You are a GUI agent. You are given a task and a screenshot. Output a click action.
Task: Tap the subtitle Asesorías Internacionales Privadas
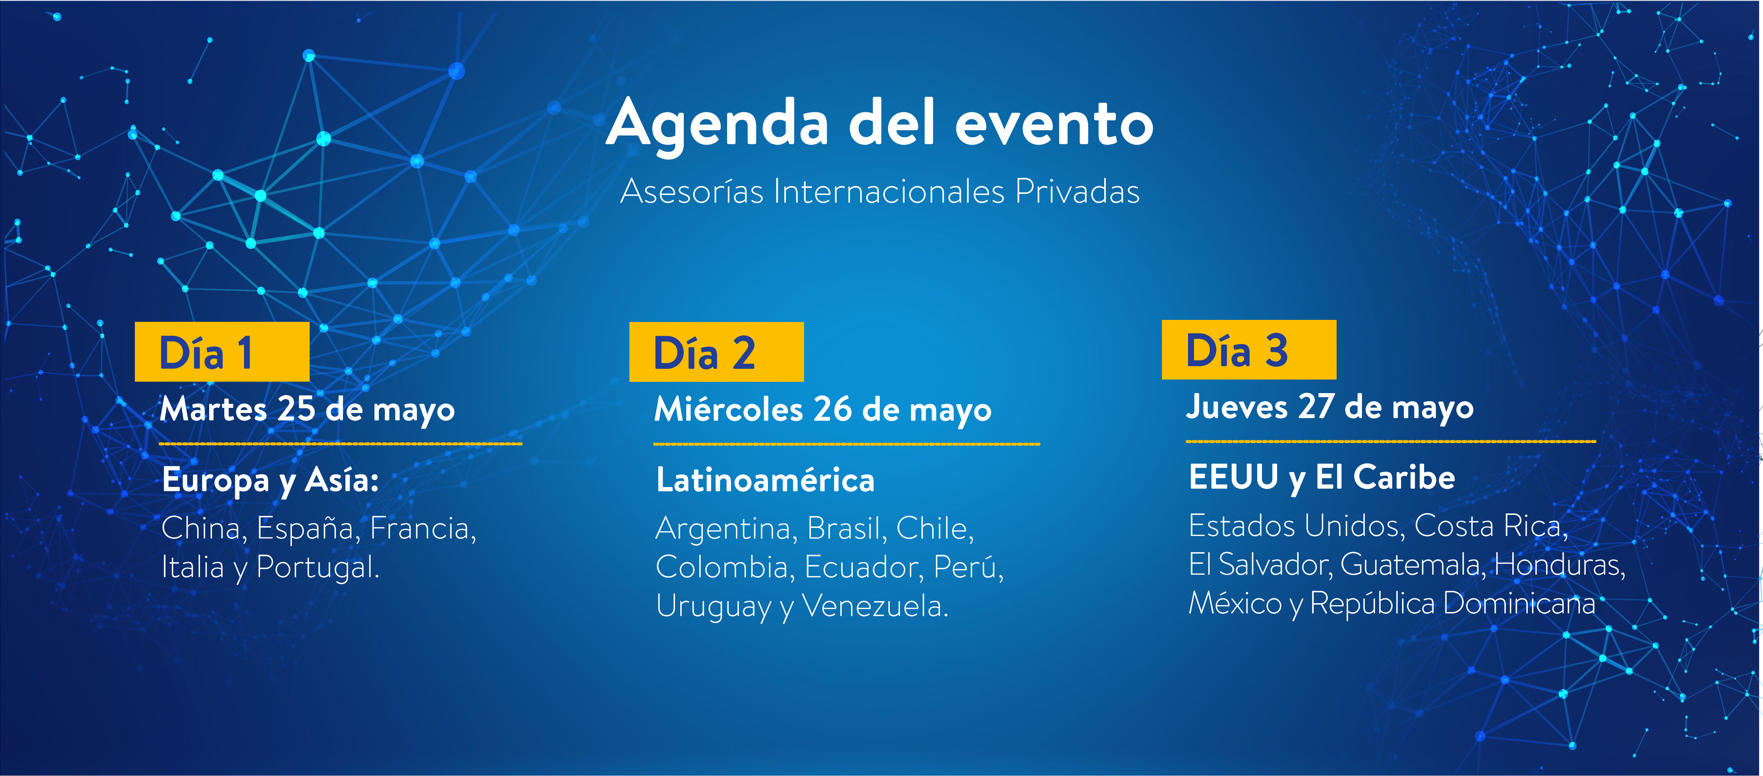pos(880,191)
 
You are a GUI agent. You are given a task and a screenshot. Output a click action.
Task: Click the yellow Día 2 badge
pos(717,352)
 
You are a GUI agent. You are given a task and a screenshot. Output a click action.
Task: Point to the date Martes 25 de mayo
pos(307,409)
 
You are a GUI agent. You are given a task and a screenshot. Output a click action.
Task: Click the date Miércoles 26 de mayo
pos(823,409)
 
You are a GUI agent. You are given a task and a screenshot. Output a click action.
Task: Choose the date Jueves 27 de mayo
pos(1330,407)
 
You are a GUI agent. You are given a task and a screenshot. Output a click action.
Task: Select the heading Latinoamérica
pos(765,480)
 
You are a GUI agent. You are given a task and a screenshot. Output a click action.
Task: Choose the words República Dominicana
pos(1452,604)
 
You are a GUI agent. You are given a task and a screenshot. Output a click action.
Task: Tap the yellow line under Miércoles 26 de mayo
pos(846,444)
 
